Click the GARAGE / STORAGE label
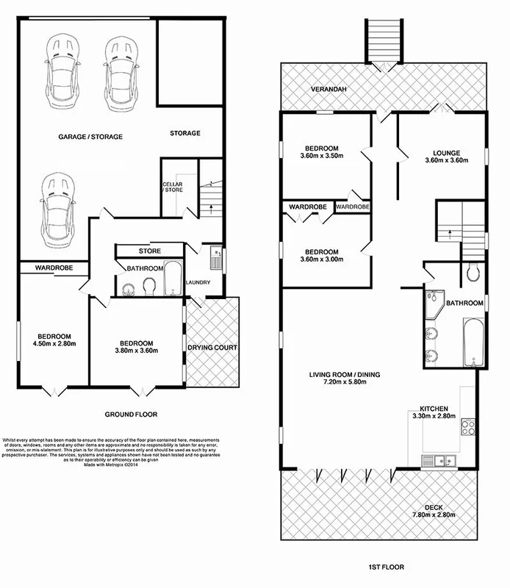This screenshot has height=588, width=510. [x=90, y=137]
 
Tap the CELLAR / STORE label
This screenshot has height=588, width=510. [x=172, y=187]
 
